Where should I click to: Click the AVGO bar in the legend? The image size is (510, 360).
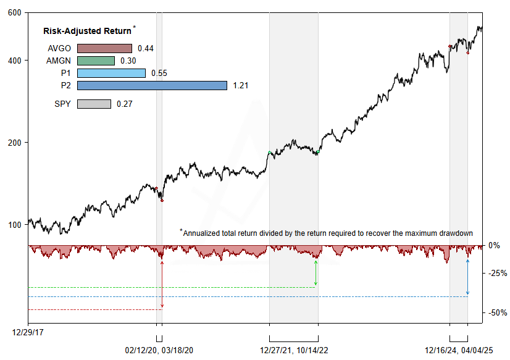(x=104, y=48)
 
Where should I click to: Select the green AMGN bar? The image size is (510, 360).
(x=96, y=61)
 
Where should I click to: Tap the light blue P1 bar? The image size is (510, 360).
(x=111, y=73)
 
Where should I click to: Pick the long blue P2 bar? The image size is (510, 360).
(x=152, y=85)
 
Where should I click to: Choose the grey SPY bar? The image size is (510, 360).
(x=94, y=104)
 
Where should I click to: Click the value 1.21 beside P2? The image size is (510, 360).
(x=241, y=85)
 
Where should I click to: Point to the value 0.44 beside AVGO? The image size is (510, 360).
(x=146, y=48)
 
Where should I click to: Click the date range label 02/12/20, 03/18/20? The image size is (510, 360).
(x=159, y=350)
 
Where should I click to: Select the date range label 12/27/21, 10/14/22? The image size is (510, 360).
(x=294, y=350)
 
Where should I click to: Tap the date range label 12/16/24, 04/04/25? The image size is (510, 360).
(x=459, y=350)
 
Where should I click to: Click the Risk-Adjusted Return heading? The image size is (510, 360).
(x=87, y=31)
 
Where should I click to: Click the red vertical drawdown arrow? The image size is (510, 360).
(x=162, y=284)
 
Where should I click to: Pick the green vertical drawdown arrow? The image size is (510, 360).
(x=316, y=272)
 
